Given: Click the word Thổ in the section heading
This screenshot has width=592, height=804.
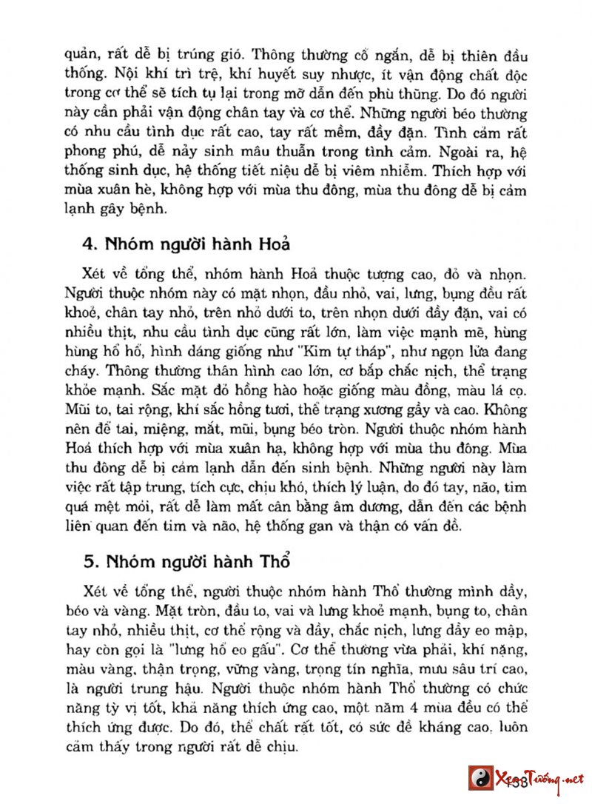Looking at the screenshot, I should coord(272,561).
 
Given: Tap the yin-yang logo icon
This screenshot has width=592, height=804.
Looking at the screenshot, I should coord(480,779).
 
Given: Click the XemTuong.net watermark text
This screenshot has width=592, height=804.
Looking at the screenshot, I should coord(544,779).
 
